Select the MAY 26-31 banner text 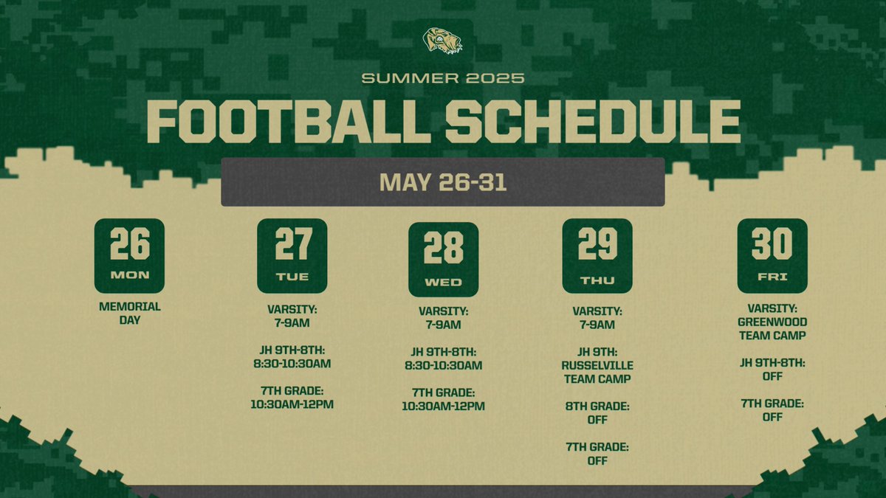442,181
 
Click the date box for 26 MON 129,255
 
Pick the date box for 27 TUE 292,255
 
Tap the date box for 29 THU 597,255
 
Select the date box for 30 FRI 772,255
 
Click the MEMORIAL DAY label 129,314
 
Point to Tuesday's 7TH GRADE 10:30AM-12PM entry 292,397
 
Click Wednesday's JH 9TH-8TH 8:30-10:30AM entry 443,359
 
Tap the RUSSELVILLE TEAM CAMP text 597,372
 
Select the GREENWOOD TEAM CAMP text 772,328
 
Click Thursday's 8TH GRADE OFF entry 597,412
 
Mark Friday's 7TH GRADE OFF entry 772,409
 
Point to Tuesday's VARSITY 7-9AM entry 292,317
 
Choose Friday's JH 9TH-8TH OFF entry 772,369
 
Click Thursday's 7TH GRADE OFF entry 597,453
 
